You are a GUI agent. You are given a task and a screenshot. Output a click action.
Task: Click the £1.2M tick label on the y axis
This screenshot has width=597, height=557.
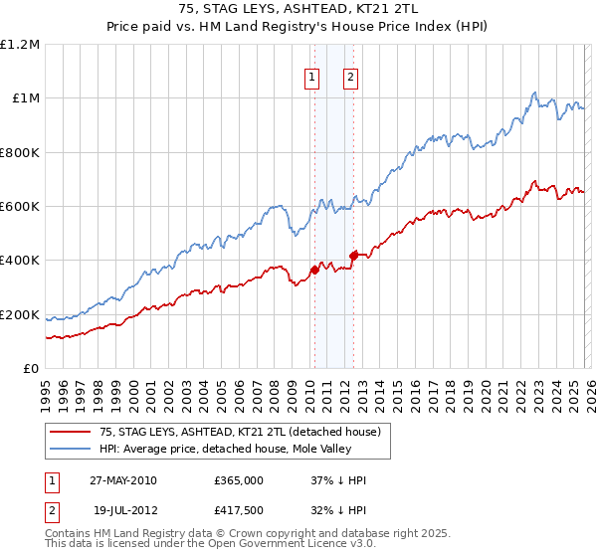click(x=20, y=45)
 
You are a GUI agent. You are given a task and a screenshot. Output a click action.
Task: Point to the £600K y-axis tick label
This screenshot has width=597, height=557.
click(x=20, y=207)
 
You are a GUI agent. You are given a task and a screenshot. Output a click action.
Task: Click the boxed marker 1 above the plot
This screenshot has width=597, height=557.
click(x=312, y=78)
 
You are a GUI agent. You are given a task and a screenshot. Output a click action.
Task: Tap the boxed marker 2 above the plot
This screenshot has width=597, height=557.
click(x=351, y=78)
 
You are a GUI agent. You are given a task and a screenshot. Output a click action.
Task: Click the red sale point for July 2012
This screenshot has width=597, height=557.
click(x=353, y=256)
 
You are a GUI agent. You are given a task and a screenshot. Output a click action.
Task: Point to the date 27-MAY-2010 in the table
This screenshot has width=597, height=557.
click(x=122, y=480)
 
